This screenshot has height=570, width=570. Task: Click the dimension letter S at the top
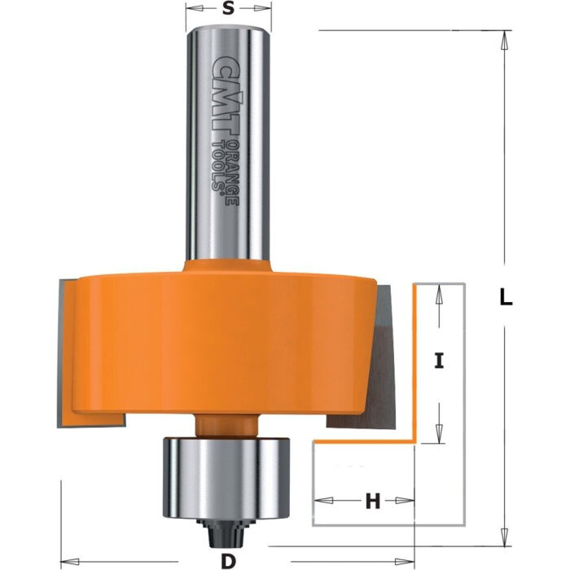click(x=229, y=10)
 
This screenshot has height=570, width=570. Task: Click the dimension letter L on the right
click(x=506, y=298)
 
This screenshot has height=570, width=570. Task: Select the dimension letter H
click(x=372, y=502)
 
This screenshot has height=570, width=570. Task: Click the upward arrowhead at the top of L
click(x=506, y=37)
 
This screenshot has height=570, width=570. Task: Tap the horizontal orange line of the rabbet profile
click(x=366, y=442)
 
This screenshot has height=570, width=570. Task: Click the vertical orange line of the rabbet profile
click(x=416, y=362)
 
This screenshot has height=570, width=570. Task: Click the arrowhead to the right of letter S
click(x=264, y=11)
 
